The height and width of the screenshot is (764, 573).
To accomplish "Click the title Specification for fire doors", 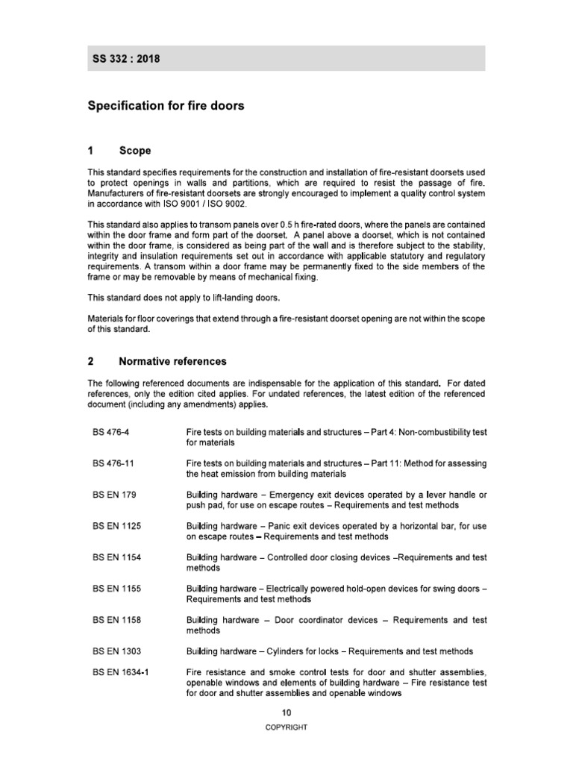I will (x=166, y=106).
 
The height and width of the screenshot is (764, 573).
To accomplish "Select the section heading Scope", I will (x=134, y=151).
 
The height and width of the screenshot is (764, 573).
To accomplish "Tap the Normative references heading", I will (x=172, y=361).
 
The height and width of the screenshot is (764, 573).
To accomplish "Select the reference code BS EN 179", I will (x=114, y=495).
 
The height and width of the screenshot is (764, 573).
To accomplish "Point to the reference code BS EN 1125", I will (x=116, y=526).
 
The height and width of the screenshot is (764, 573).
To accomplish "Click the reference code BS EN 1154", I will (x=116, y=557).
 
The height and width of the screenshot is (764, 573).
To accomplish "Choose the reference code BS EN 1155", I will (x=116, y=589).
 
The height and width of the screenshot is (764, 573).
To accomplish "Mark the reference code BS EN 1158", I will (x=116, y=620).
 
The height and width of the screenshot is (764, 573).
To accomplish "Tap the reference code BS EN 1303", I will (x=116, y=651).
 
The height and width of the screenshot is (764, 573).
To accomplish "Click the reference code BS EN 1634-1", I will (x=121, y=673).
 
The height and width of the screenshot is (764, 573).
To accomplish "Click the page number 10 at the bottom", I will (x=286, y=713).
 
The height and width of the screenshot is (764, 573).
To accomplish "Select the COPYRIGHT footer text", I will (x=286, y=727).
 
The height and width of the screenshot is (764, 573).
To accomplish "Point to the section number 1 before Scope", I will (x=90, y=151).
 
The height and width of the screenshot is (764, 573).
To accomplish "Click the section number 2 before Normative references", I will (x=90, y=361).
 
